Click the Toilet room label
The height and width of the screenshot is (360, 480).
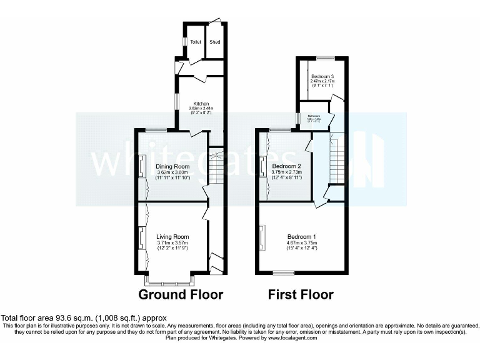[x=196, y=42]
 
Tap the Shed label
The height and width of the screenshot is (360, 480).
[x=215, y=42]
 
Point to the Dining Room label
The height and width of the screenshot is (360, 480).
[x=172, y=166]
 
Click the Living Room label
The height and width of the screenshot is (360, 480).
[x=172, y=236]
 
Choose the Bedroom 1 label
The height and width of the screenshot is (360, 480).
[x=302, y=236]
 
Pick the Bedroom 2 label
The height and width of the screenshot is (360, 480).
[x=287, y=166]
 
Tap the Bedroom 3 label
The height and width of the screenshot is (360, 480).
[x=322, y=76]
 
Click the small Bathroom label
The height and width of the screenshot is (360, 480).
[x=314, y=116]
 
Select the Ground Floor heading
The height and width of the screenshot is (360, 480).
[x=181, y=294]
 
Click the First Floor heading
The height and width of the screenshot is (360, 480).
[x=301, y=294]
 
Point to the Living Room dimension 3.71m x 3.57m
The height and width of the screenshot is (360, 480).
[x=172, y=243]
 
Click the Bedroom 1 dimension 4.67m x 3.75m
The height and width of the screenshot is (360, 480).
[x=302, y=243]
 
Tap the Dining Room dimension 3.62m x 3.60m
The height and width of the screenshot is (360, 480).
[x=172, y=173]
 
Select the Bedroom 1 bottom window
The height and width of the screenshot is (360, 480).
[x=284, y=272]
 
